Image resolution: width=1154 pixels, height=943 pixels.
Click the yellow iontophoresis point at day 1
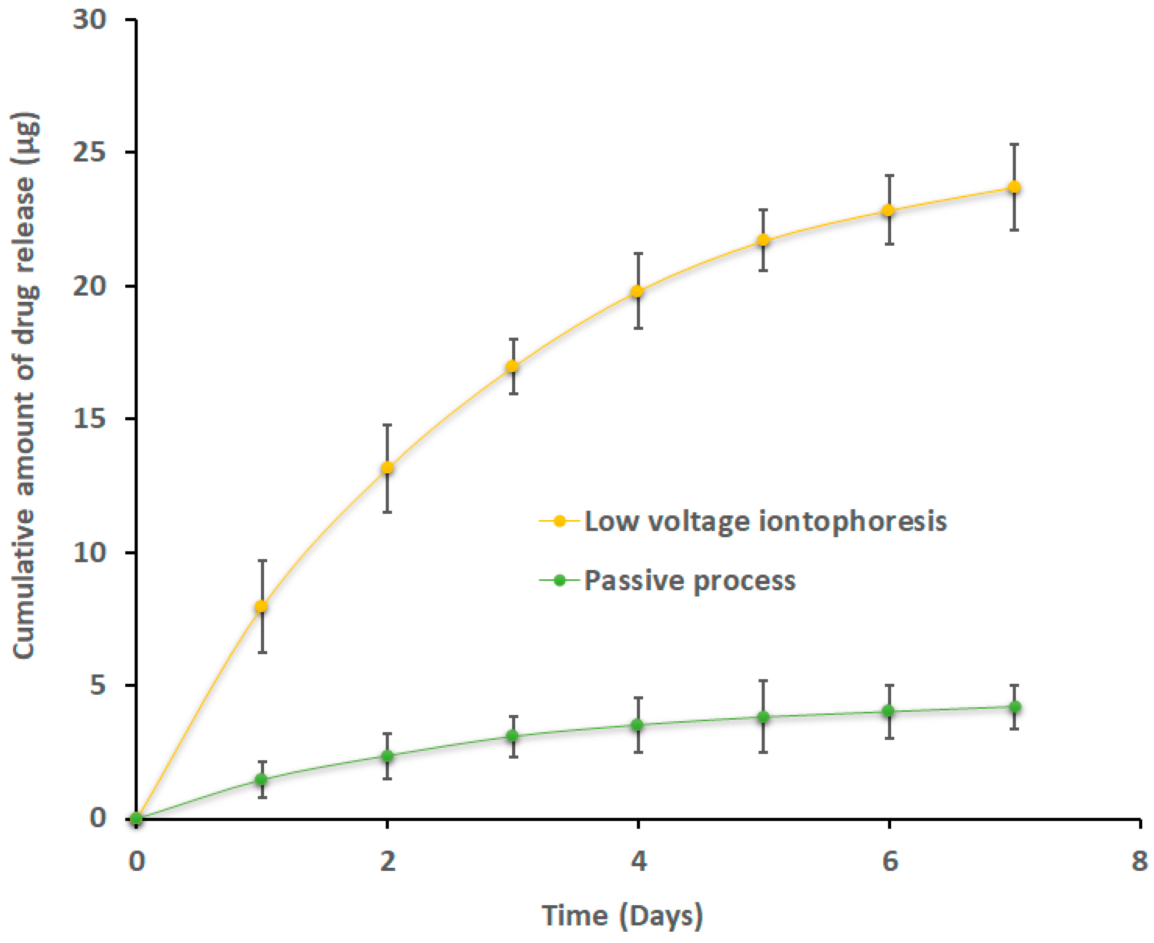pyautogui.click(x=262, y=606)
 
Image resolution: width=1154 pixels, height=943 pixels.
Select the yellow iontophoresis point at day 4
pyautogui.click(x=637, y=292)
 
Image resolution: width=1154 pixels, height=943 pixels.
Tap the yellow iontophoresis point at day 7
pyautogui.click(x=1014, y=187)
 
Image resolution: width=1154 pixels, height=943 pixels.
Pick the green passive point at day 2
pyautogui.click(x=387, y=756)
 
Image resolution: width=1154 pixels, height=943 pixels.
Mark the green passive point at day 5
pyautogui.click(x=763, y=717)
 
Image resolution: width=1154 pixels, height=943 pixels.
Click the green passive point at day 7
pyautogui.click(x=1014, y=707)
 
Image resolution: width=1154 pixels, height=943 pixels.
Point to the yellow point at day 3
pyautogui.click(x=512, y=367)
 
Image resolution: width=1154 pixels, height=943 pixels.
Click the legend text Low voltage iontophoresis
pyautogui.click(x=765, y=522)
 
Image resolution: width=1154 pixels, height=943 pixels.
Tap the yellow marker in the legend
pyautogui.click(x=559, y=522)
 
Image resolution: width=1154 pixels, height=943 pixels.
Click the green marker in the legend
pyautogui.click(x=559, y=581)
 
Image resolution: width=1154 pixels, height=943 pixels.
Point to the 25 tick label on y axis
pyautogui.click(x=90, y=153)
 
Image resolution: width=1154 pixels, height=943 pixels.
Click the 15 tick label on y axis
pyautogui.click(x=90, y=419)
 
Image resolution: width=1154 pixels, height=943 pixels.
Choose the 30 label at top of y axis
pyautogui.click(x=90, y=20)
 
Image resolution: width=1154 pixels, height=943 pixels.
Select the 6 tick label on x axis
pyautogui.click(x=889, y=862)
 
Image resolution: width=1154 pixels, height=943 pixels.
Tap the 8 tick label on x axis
pyautogui.click(x=1139, y=862)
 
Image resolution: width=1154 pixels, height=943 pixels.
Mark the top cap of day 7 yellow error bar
pyautogui.click(x=1014, y=144)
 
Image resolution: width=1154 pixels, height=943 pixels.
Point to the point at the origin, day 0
pyautogui.click(x=136, y=819)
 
